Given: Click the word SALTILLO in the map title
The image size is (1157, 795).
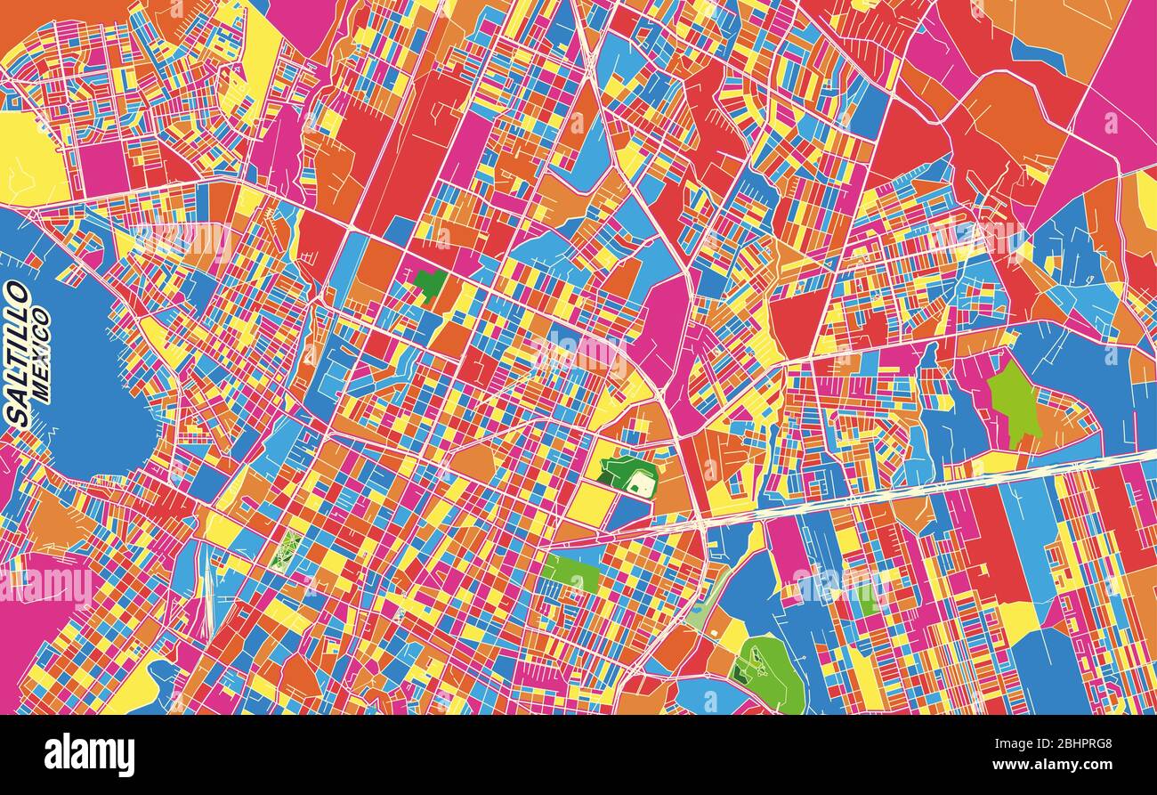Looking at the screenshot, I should (17, 353).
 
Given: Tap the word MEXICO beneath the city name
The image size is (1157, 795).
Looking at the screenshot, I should (40, 353).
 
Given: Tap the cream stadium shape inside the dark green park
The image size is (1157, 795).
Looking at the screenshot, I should (639, 483).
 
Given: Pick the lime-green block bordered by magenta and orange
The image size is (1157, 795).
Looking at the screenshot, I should (1013, 401).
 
